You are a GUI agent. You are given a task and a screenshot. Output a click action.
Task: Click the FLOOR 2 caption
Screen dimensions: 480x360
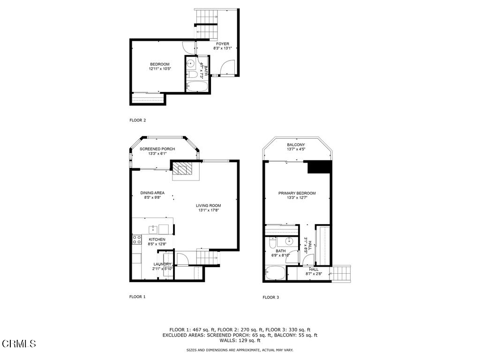[137, 120]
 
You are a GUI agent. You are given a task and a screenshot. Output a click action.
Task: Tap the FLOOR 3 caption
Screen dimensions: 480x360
[270, 297]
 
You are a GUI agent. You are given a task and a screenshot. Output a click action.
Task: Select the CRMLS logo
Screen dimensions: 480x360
[19, 344]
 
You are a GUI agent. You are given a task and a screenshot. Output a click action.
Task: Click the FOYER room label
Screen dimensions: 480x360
[223, 44]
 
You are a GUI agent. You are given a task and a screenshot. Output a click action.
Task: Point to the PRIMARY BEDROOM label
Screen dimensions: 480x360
[297, 193]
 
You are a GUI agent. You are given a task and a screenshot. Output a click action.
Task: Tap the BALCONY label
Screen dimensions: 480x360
[296, 145]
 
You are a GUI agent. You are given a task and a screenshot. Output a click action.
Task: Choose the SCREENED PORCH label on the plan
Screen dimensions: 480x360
[157, 149]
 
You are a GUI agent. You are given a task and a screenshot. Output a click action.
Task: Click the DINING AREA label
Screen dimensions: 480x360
[152, 193]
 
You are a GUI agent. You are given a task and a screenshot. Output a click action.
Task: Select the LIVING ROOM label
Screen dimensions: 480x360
[209, 206]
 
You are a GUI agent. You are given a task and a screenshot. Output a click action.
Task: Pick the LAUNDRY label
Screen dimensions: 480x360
[162, 264]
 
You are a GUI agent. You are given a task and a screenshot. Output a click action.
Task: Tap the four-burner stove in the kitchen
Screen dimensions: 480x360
[137, 240]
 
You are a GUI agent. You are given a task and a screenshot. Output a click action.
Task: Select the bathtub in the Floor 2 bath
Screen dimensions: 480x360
[197, 86]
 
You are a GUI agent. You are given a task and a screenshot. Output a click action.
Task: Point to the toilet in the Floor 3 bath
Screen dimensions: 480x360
[272, 242]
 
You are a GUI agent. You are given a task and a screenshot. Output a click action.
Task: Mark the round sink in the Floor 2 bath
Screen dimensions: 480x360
[190, 64]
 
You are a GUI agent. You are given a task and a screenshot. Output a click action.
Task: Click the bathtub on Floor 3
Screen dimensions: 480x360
[275, 273]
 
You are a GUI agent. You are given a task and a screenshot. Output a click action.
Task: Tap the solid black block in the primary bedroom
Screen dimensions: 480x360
[319, 167]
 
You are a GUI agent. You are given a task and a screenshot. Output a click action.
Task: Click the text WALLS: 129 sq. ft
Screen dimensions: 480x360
[240, 340]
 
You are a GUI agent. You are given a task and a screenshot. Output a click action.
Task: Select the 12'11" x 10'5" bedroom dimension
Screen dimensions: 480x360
[160, 69]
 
